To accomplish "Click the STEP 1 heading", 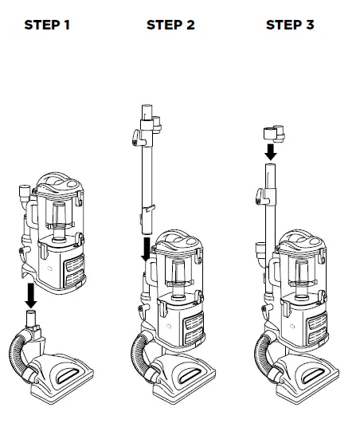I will coord(47,25).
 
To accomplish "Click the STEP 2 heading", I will coord(170,25).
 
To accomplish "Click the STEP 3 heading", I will coord(290,25).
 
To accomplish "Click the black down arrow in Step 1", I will coord(31,295).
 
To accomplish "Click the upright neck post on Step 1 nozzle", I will coord(31,323).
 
